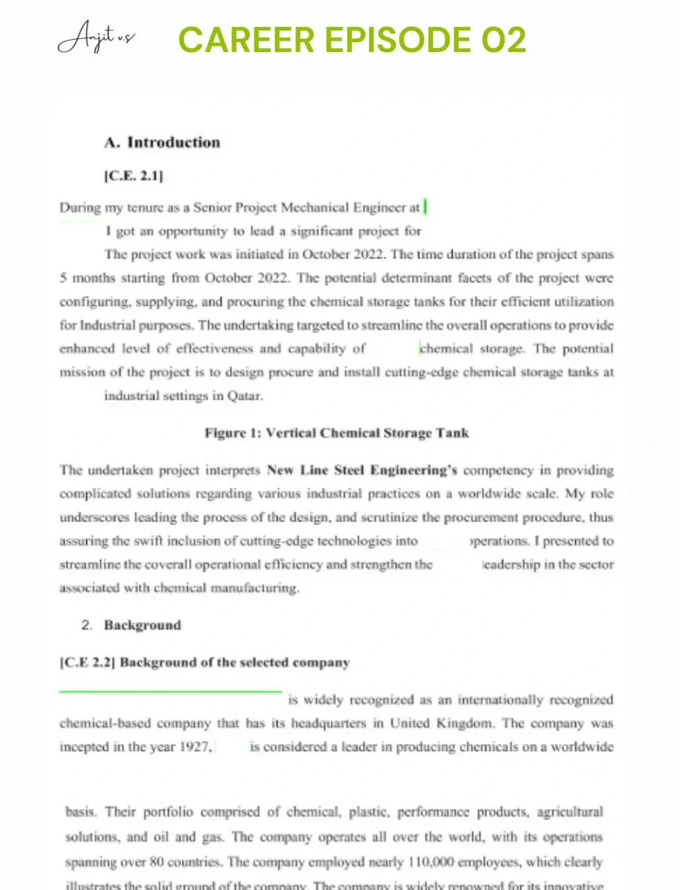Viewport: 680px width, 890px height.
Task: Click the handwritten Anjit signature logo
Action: coord(96,38)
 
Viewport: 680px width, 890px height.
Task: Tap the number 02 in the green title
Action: coord(503,39)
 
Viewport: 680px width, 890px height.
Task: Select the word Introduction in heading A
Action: coord(173,142)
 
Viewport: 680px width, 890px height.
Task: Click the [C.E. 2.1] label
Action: coord(133,176)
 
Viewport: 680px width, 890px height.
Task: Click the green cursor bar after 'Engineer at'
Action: coord(426,207)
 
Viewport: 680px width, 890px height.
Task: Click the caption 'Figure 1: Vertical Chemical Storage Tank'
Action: coord(337,432)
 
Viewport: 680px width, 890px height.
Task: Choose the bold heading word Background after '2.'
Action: coord(142,625)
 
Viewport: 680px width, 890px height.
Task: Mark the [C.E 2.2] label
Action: coord(87,662)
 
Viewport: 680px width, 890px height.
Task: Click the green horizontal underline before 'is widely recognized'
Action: coord(170,691)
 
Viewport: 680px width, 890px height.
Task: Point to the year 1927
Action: coord(196,747)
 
